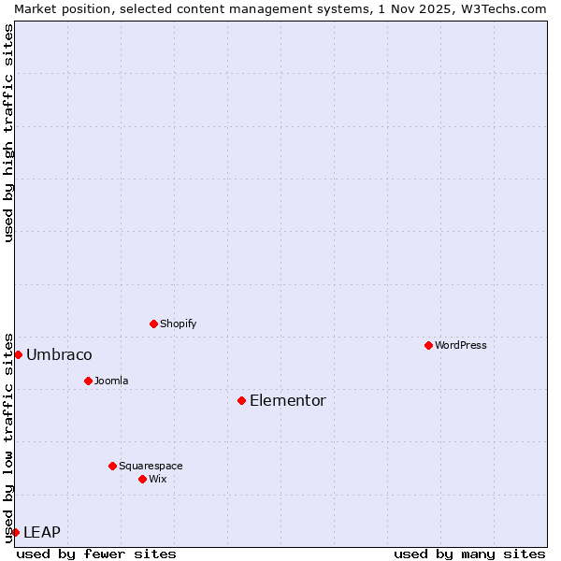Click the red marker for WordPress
428,345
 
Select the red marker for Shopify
153,324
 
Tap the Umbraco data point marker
18,354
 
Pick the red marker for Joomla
88,381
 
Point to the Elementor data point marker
241,400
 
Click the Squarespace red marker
112,466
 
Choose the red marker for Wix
142,479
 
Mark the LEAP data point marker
15,532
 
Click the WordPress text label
461,345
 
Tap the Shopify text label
179,324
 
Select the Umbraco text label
59,354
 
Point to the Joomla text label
111,381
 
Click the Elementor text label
288,400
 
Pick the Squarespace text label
151,466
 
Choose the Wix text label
158,479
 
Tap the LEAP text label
42,532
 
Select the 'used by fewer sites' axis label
96,554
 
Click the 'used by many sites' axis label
469,554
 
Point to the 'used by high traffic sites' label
8,133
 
